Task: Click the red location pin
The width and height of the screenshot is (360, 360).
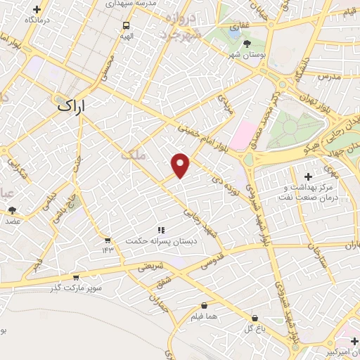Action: tap(181, 165)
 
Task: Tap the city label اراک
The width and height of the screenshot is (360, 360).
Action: tap(73, 107)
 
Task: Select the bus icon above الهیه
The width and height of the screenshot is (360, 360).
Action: tap(127, 24)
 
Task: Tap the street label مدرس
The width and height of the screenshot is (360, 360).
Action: tap(328, 75)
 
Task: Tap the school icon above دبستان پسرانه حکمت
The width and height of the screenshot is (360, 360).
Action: tap(160, 230)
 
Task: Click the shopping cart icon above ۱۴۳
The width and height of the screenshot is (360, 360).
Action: tap(107, 240)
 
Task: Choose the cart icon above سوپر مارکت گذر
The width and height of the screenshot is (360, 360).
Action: tap(76, 277)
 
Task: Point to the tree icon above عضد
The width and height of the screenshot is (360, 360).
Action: tap(13, 210)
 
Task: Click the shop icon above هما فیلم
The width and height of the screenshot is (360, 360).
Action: tap(205, 306)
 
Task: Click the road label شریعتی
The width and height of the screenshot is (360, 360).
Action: tap(150, 266)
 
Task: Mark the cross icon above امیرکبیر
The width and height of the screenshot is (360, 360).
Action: tap(354, 341)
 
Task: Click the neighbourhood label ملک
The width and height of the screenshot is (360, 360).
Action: tap(133, 156)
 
